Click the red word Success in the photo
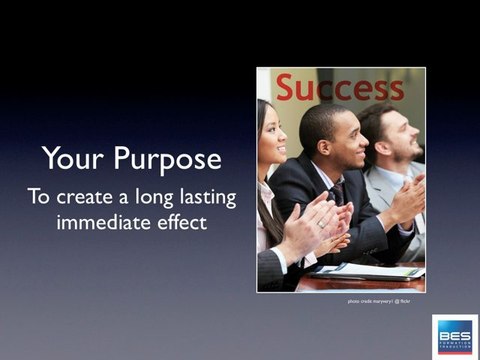pyautogui.click(x=339, y=87)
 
